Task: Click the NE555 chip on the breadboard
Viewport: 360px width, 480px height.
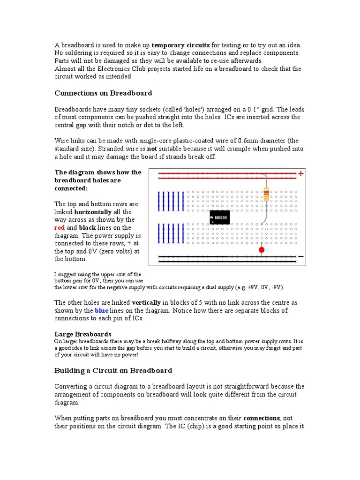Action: [x=220, y=217]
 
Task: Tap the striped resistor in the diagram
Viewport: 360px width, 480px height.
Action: [x=266, y=194]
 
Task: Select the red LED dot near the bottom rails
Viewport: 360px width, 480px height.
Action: [x=262, y=250]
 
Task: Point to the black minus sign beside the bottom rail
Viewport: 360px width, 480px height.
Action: [x=300, y=256]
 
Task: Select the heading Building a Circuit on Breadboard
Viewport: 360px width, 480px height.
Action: [x=113, y=370]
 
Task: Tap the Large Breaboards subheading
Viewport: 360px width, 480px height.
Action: [x=82, y=334]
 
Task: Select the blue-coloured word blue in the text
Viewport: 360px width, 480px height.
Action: [x=101, y=310]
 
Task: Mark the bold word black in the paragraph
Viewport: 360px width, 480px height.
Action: [x=88, y=227]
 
